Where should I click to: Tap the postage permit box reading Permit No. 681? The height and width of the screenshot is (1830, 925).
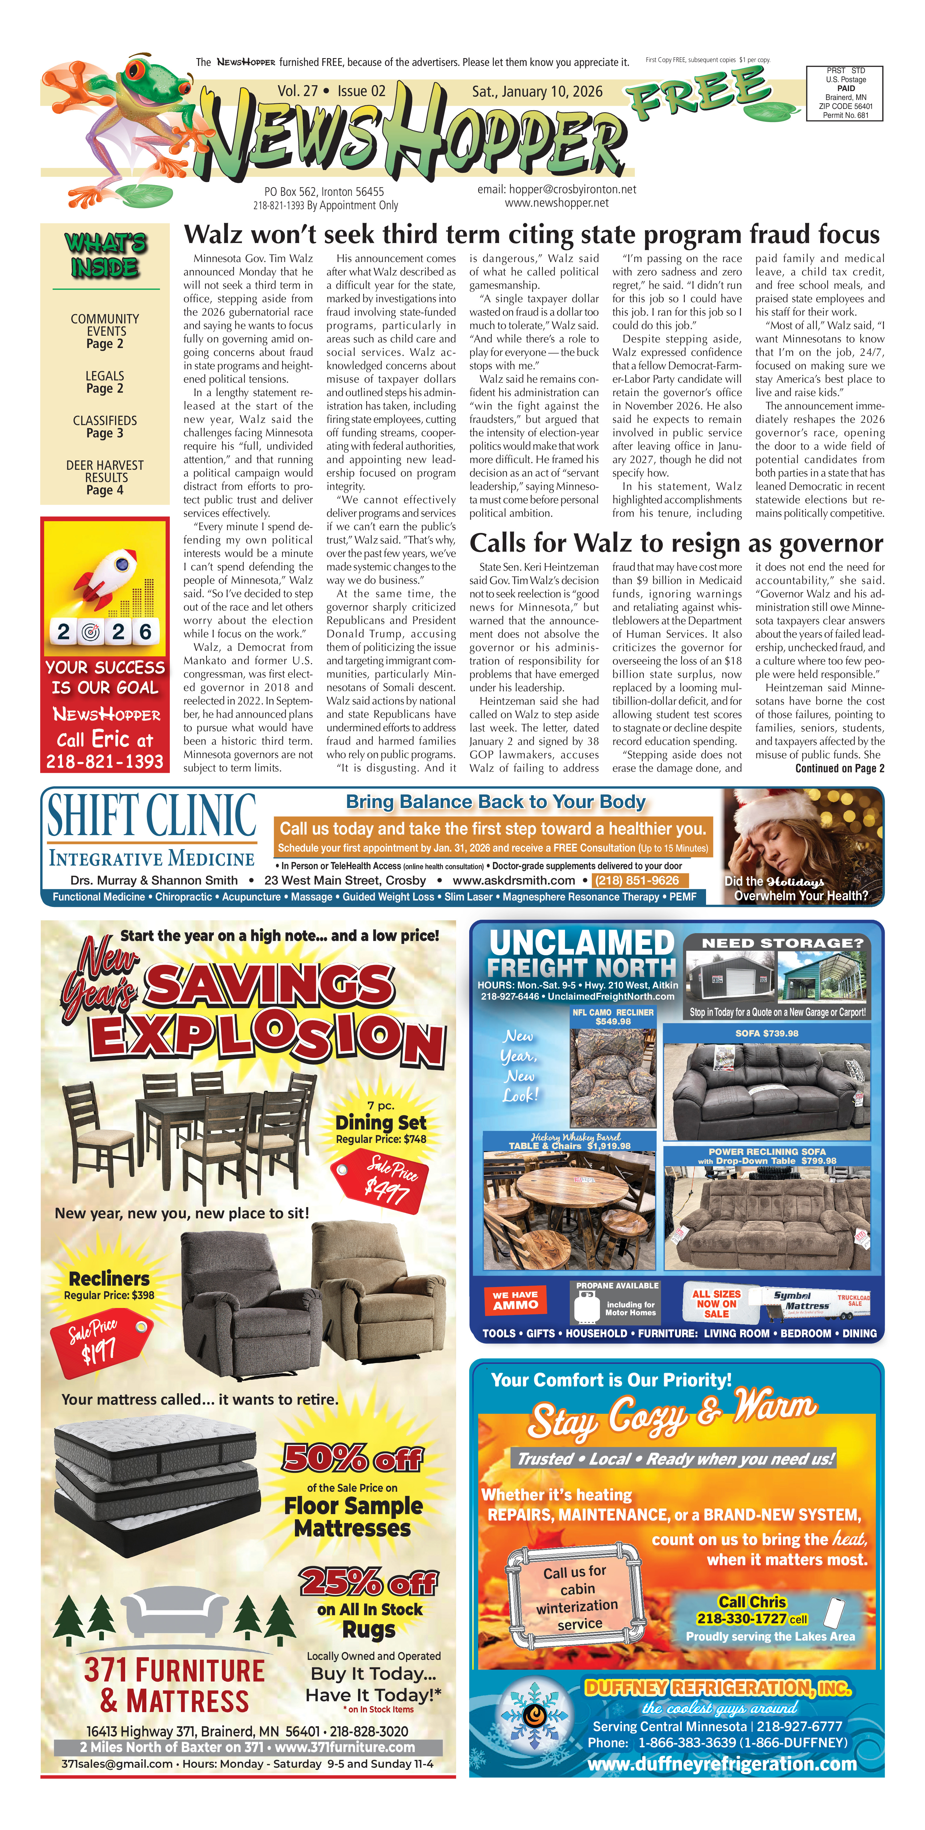pos(845,93)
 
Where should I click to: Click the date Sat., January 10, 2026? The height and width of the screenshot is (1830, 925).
pos(537,92)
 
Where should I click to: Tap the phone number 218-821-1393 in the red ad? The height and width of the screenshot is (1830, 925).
pos(105,762)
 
